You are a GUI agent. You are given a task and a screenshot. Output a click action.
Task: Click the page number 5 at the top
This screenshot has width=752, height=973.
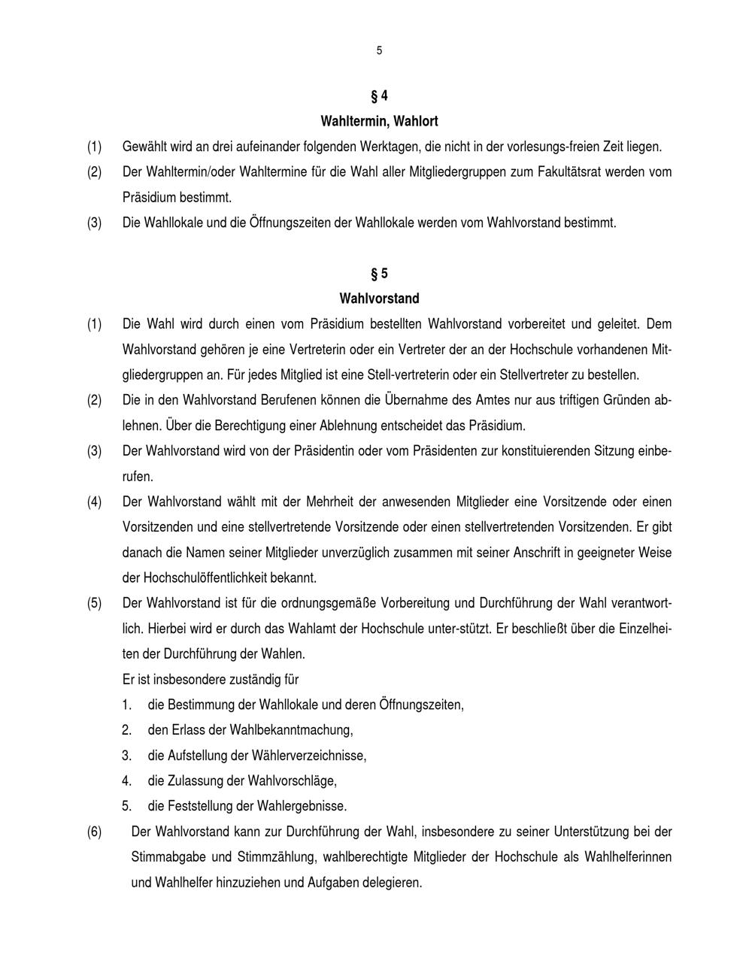pyautogui.click(x=379, y=51)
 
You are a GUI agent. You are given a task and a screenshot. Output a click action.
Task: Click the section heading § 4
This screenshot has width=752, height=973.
pyautogui.click(x=379, y=95)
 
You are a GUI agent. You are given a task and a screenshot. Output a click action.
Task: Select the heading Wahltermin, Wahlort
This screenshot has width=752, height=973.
pyautogui.click(x=379, y=121)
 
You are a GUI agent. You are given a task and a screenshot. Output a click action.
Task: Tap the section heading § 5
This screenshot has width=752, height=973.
pyautogui.click(x=379, y=273)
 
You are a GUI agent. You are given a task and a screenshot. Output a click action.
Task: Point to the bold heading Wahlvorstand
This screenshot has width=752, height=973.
pyautogui.click(x=379, y=299)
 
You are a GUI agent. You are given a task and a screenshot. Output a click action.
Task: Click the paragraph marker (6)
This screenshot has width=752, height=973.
pyautogui.click(x=94, y=832)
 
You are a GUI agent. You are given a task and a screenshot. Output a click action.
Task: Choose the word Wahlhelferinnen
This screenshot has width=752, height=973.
pyautogui.click(x=629, y=857)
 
